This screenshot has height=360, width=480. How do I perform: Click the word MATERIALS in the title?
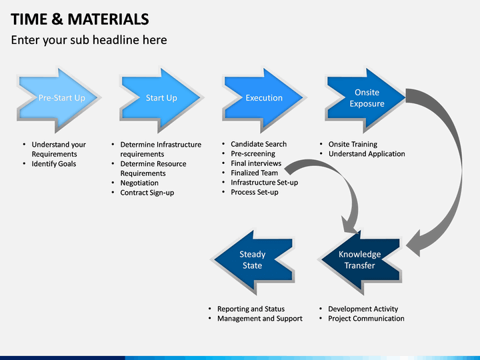point(109,19)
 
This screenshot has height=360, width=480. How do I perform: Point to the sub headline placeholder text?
point(89,40)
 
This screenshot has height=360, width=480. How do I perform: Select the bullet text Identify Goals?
point(54,164)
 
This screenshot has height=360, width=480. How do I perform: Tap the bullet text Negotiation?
point(139,183)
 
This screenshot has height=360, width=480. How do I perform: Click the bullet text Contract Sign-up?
point(147,193)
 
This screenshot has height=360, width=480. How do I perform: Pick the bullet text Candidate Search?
point(259,144)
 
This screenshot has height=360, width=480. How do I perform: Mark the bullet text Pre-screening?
point(253,154)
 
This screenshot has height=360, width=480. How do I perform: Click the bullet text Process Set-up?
point(255,192)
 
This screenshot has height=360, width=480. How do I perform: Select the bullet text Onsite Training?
point(353,144)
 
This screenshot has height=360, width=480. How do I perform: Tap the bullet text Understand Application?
point(367,154)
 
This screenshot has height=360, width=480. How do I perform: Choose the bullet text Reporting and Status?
point(251,309)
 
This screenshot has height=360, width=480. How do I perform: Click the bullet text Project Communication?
point(366,319)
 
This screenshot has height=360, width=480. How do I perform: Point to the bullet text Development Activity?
point(363,309)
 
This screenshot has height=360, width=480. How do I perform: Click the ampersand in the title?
point(57,19)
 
